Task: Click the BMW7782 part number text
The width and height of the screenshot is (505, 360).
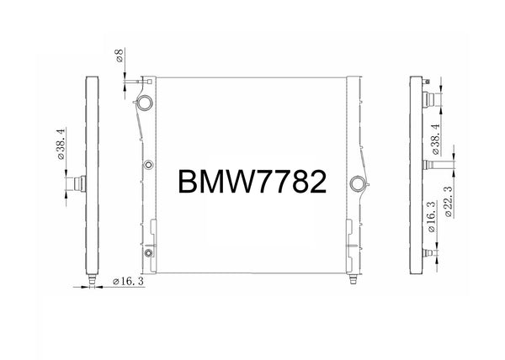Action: [x=252, y=182]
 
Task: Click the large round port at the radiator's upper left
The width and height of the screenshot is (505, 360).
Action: [x=144, y=103]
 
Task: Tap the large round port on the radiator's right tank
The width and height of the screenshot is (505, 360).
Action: [x=358, y=183]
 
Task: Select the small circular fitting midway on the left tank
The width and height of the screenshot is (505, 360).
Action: [x=148, y=165]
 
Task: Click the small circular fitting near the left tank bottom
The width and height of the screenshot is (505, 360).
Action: [x=148, y=252]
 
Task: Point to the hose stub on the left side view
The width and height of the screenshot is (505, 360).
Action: [x=79, y=183]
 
